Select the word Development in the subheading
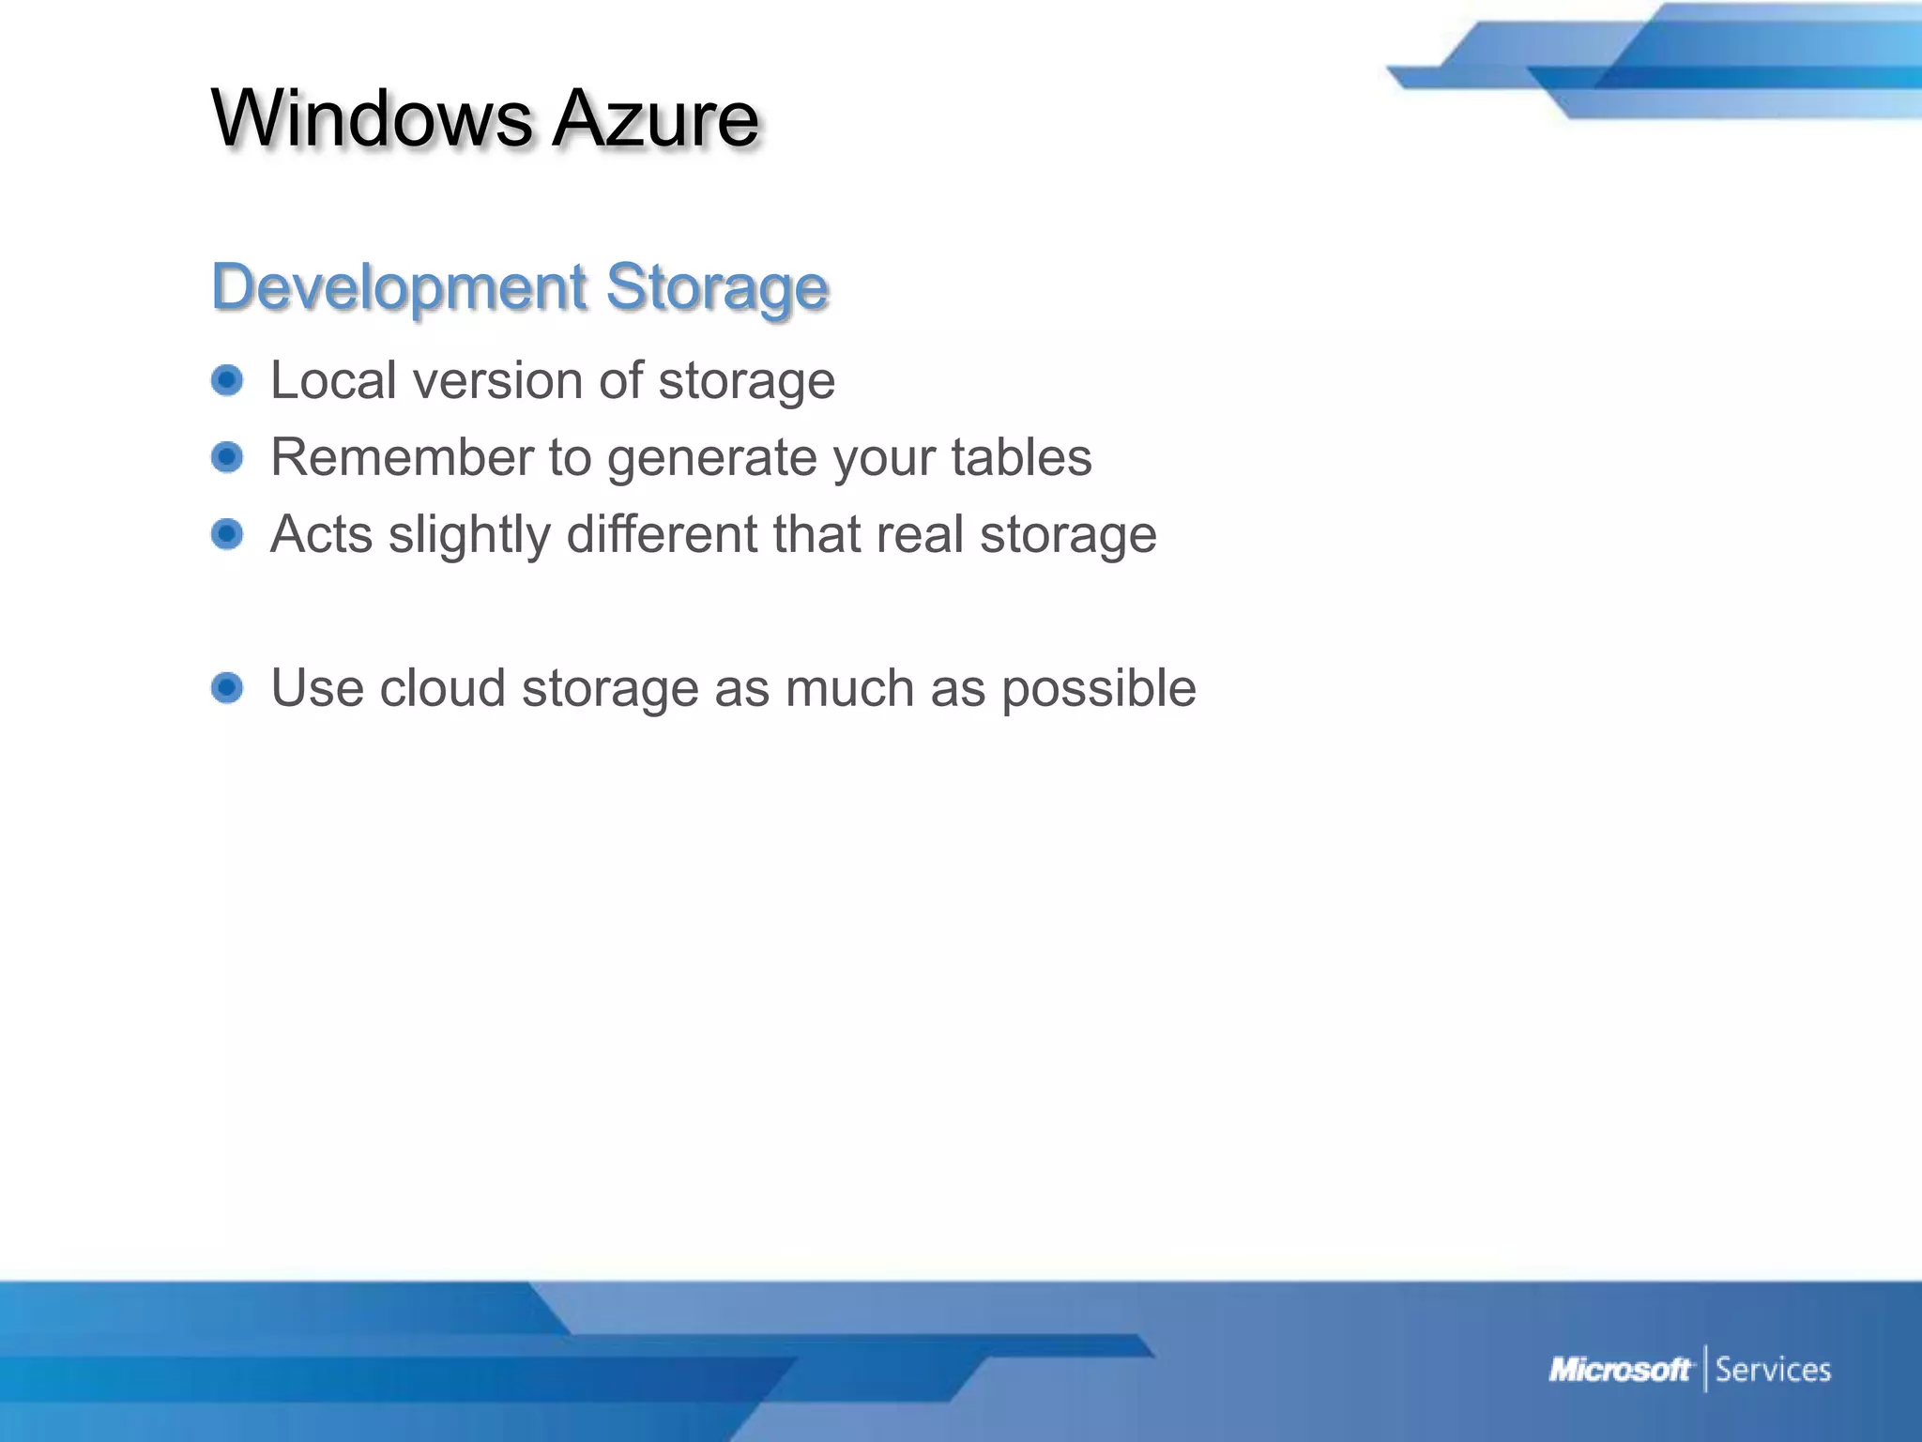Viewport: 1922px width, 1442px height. coord(400,286)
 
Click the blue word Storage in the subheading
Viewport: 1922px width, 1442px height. coord(717,288)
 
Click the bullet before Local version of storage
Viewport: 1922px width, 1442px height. coord(227,380)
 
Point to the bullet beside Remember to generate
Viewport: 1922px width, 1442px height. coord(227,457)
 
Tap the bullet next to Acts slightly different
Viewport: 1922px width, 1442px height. coord(227,534)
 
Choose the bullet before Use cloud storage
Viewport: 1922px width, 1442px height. coord(227,688)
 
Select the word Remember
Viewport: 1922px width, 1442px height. coord(402,457)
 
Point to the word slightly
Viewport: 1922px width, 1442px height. coord(469,535)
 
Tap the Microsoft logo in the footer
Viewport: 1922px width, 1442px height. coord(1619,1370)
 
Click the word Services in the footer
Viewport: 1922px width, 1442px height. coord(1773,1370)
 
